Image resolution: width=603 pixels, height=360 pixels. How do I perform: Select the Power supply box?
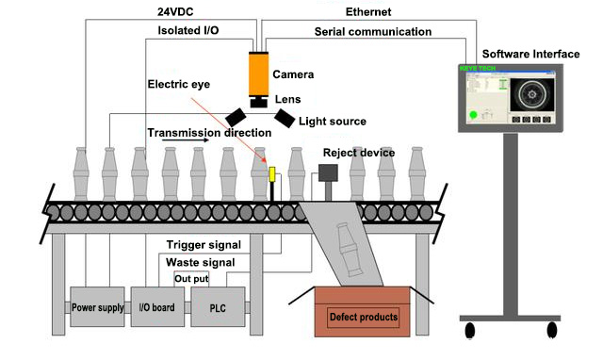(97, 307)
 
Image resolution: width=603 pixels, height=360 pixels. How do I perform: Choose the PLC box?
(217, 307)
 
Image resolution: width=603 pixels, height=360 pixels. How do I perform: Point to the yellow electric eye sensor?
(272, 175)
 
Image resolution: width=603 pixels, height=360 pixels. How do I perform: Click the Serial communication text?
(372, 31)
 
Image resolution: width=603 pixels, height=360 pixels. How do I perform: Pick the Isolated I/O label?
(187, 31)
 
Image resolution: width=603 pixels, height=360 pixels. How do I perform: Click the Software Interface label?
(530, 54)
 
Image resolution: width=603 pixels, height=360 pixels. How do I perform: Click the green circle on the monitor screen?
(472, 116)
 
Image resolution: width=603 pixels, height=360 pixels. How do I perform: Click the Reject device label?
(358, 153)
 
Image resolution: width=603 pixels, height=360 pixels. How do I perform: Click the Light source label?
(332, 121)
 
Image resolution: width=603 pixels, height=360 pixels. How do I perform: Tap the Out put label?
(193, 278)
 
